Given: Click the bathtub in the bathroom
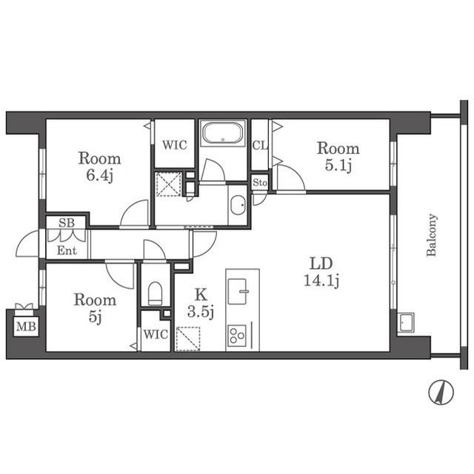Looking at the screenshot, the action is click(223, 133).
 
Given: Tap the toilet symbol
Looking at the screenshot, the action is click(155, 293).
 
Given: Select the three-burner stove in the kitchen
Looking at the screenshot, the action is click(237, 336).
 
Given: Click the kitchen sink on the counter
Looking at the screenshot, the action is click(238, 291).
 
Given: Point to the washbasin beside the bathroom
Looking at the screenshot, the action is click(238, 205).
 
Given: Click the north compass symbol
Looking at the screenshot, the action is click(441, 392).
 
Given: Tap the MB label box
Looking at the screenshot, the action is click(26, 327).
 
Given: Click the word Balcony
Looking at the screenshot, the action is click(432, 235).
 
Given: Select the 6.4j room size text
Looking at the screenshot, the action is click(100, 176).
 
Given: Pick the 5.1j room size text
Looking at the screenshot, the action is click(338, 165).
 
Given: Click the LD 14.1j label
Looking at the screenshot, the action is click(321, 272).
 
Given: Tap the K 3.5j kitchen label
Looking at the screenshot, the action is click(201, 303).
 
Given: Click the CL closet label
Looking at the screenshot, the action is click(260, 146).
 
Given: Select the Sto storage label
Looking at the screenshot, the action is click(260, 183).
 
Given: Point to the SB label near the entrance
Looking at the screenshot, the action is click(67, 223).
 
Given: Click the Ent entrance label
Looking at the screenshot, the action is click(67, 250).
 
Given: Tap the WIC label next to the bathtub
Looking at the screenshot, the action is click(175, 145).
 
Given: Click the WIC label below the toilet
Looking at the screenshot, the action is click(156, 334).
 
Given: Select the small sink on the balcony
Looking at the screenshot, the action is click(405, 323).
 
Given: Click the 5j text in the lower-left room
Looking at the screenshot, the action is click(95, 317).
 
